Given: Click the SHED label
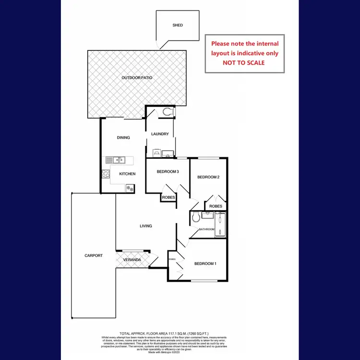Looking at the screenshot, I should pos(178,25).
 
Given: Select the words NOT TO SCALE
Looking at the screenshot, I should pos(243,62).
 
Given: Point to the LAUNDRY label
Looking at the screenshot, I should pos(159,134).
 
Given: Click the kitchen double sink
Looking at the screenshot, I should pos(115,160).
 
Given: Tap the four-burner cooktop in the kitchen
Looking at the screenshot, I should pos(105,175).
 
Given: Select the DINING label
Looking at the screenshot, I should pos(123,138).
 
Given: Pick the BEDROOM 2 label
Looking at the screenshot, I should pos(208,177).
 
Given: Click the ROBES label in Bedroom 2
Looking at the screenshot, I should pos(216,206).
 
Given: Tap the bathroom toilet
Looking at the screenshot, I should pos(195,218).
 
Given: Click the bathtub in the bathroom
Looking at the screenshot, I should pos(221,225).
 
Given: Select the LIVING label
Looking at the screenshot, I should pos(146,226).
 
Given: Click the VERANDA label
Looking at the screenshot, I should pos(132,260).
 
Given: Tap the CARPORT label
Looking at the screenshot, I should pos(93,256).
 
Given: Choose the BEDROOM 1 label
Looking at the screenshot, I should pos(205,264).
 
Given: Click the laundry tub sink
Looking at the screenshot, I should pos(168,154).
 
